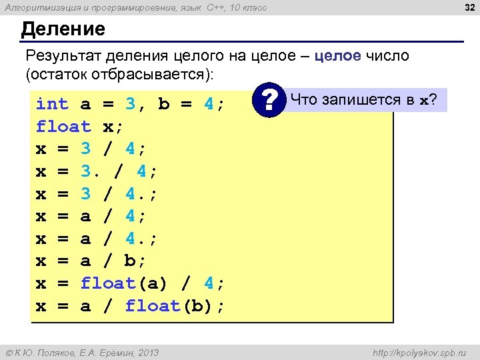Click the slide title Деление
[63, 29]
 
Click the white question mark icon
[269, 102]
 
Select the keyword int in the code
[52, 104]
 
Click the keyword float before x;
[63, 127]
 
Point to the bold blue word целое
[337, 55]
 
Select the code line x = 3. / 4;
[97, 171]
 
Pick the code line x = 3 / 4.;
[97, 194]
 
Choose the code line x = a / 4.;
[97, 239]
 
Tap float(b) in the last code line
[170, 306]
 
